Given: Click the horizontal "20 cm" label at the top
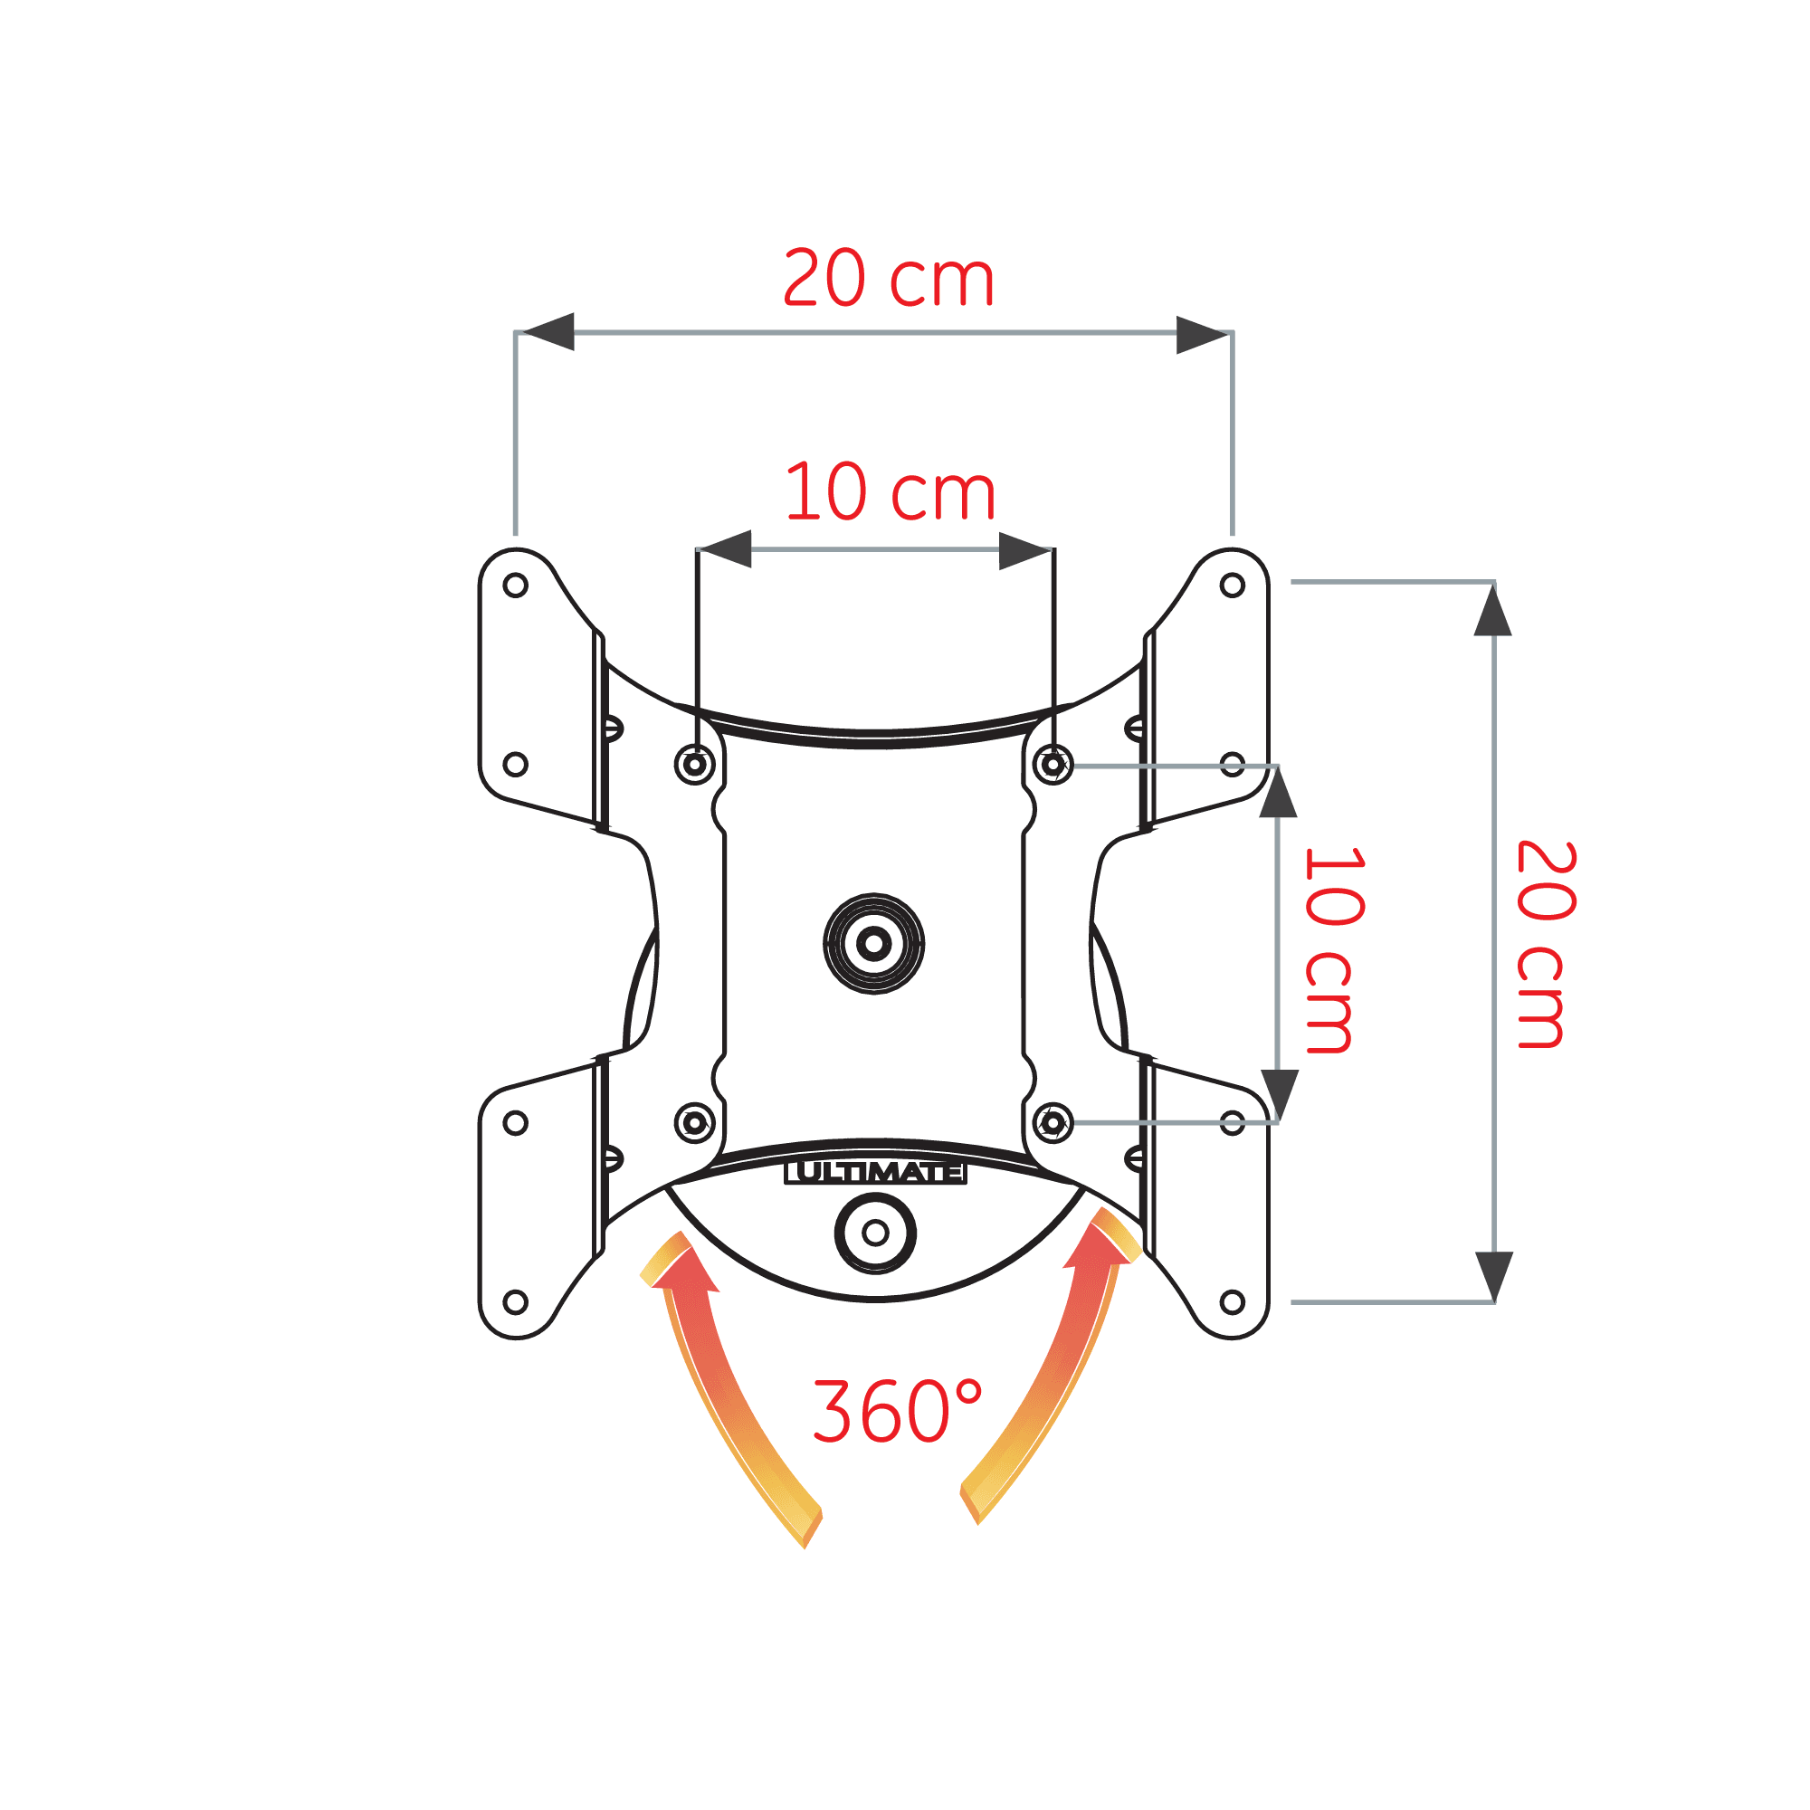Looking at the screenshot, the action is tap(887, 278).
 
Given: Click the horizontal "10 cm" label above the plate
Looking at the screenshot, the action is tap(889, 491).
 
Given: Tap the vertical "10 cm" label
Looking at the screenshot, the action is tap(1334, 950).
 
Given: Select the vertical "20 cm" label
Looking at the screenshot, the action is tap(1546, 944).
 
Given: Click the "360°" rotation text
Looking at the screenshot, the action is tap(898, 1411).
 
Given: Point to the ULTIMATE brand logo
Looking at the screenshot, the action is tap(875, 1172).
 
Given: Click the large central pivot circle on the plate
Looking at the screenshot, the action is tap(874, 943).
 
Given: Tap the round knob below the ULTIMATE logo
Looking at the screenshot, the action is tap(876, 1233).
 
